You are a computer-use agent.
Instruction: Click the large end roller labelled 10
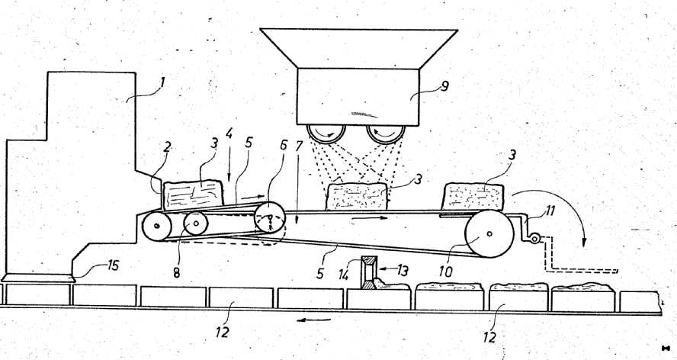point(489,236)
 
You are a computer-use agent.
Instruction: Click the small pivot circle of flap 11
point(536,239)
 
